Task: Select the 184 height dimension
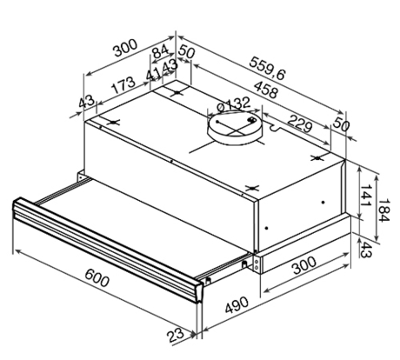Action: [384, 211]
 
